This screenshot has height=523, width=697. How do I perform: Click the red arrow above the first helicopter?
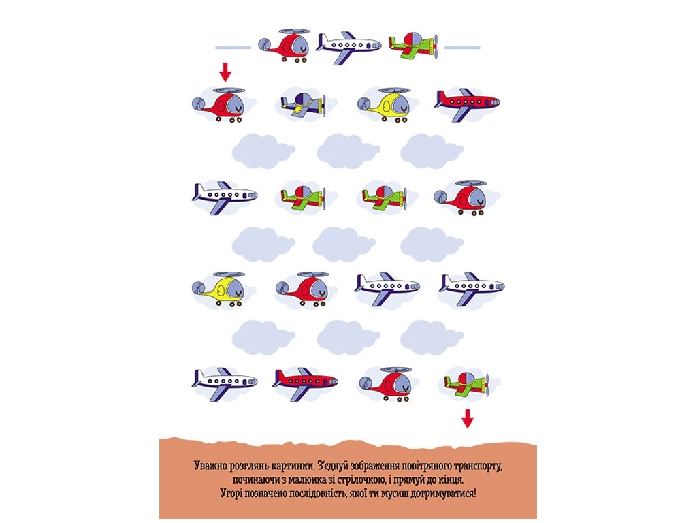pyautogui.click(x=225, y=72)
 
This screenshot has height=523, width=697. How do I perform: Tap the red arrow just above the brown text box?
pyautogui.click(x=467, y=419)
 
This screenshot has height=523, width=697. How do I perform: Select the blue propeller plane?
pyautogui.click(x=303, y=105)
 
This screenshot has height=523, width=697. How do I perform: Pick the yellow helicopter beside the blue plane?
pyautogui.click(x=384, y=105)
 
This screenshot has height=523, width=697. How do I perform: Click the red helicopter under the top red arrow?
pyautogui.click(x=219, y=105)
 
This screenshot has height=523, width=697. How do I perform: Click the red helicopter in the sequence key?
pyautogui.click(x=284, y=46)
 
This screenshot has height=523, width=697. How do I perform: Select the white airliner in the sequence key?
pyautogui.click(x=348, y=47)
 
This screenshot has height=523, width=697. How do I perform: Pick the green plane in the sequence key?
pyautogui.click(x=413, y=46)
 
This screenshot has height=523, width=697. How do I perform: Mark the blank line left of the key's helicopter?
pyautogui.click(x=233, y=48)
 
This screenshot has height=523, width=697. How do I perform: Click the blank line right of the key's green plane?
pyautogui.click(x=462, y=48)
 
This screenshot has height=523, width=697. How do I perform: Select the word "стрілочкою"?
pyautogui.click(x=361, y=480)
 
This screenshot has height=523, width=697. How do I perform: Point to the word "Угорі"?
pyautogui.click(x=231, y=494)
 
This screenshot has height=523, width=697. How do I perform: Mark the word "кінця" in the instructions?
pyautogui.click(x=452, y=480)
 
